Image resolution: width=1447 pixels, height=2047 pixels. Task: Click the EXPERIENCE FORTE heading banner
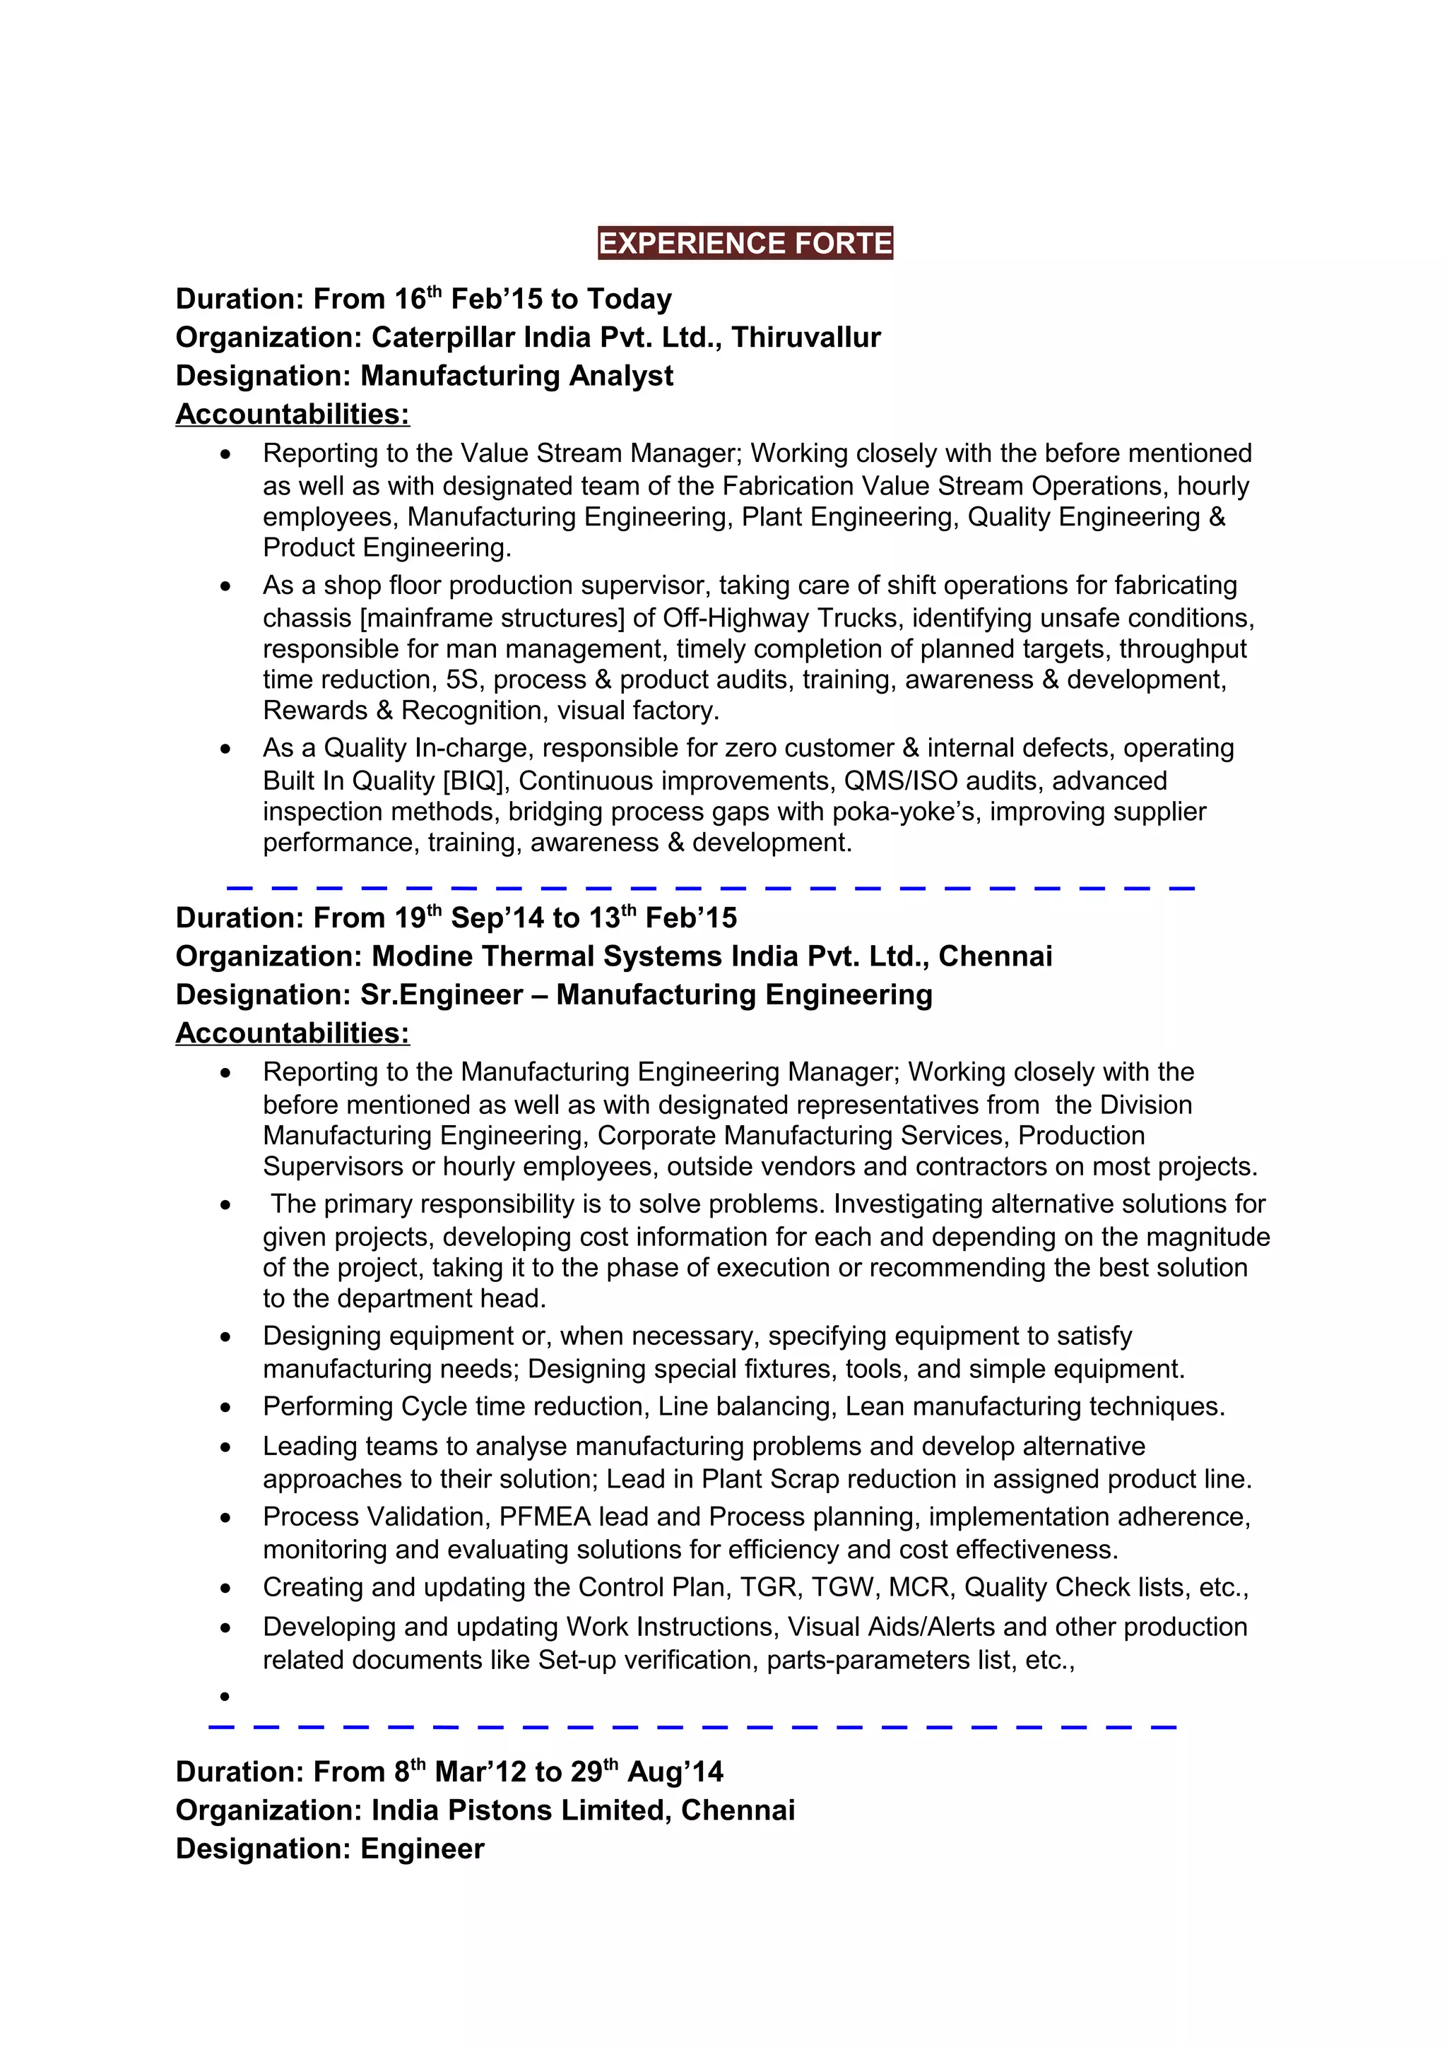tap(745, 242)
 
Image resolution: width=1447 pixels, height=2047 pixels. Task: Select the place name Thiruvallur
tap(806, 338)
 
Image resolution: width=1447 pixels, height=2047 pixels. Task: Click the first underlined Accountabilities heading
tap(293, 415)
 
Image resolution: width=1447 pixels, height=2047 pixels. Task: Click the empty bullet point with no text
tap(225, 1697)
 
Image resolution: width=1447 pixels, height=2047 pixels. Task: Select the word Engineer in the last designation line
tap(422, 1849)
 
